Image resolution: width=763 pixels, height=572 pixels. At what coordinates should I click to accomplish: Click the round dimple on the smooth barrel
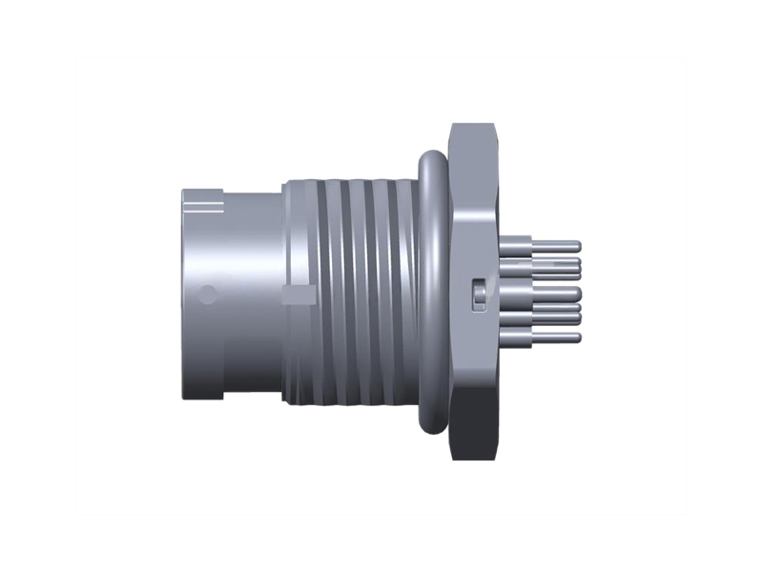pos(206,295)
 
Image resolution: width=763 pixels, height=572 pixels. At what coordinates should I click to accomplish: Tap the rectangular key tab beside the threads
pos(301,294)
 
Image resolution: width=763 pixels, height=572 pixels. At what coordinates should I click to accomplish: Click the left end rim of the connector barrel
pos(185,286)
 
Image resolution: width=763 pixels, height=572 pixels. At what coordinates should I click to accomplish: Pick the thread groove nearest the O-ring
pos(405,286)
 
